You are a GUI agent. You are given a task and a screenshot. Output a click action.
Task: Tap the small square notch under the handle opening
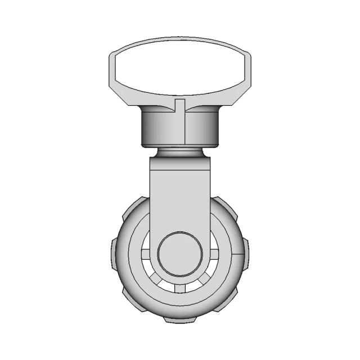click(179, 104)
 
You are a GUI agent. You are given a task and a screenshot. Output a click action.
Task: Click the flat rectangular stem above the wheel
click(179, 191)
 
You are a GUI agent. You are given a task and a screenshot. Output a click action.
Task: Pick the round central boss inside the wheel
click(179, 254)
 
